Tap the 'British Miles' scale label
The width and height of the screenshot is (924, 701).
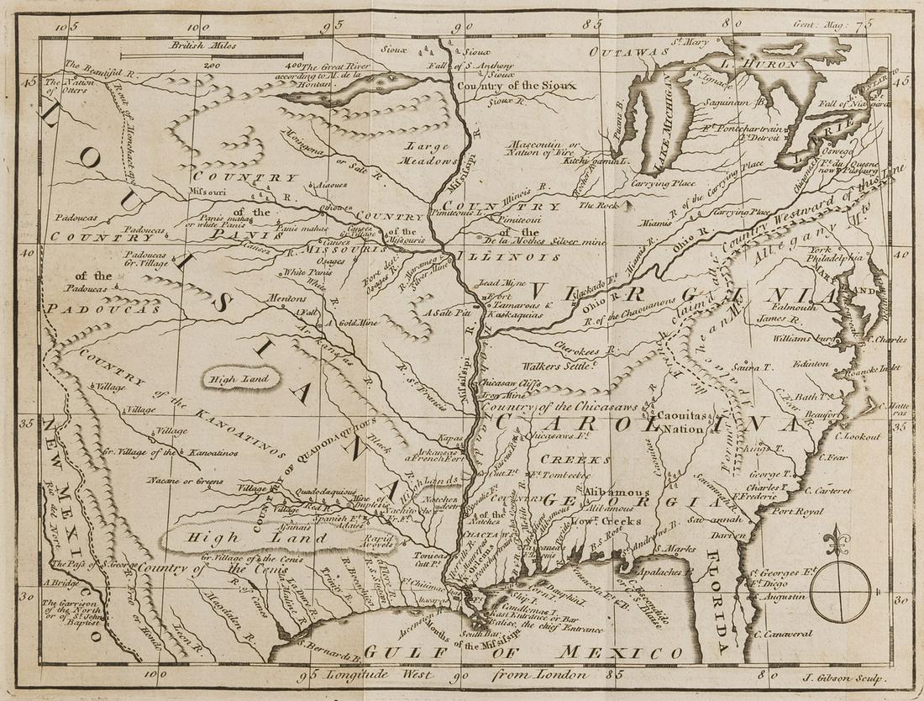click(x=202, y=48)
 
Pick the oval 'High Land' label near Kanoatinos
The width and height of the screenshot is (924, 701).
click(x=234, y=380)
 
